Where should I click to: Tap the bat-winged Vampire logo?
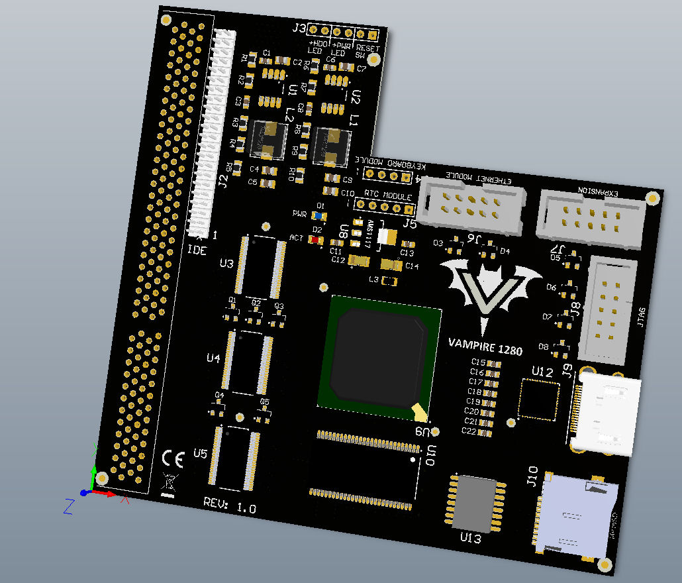click(491, 292)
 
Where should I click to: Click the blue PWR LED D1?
click(320, 216)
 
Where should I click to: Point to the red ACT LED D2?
click(315, 240)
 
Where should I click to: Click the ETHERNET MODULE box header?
click(473, 203)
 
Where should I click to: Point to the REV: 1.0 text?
click(230, 507)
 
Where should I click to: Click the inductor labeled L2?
click(268, 140)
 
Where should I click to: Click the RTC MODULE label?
click(387, 197)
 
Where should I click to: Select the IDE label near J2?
click(197, 250)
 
